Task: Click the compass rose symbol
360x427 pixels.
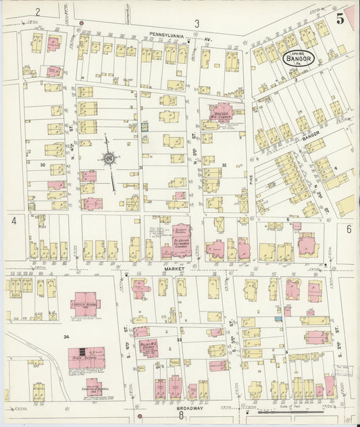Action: pos(109,159)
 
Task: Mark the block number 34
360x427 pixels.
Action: pos(66,336)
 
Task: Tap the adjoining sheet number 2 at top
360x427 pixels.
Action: pos(38,11)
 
